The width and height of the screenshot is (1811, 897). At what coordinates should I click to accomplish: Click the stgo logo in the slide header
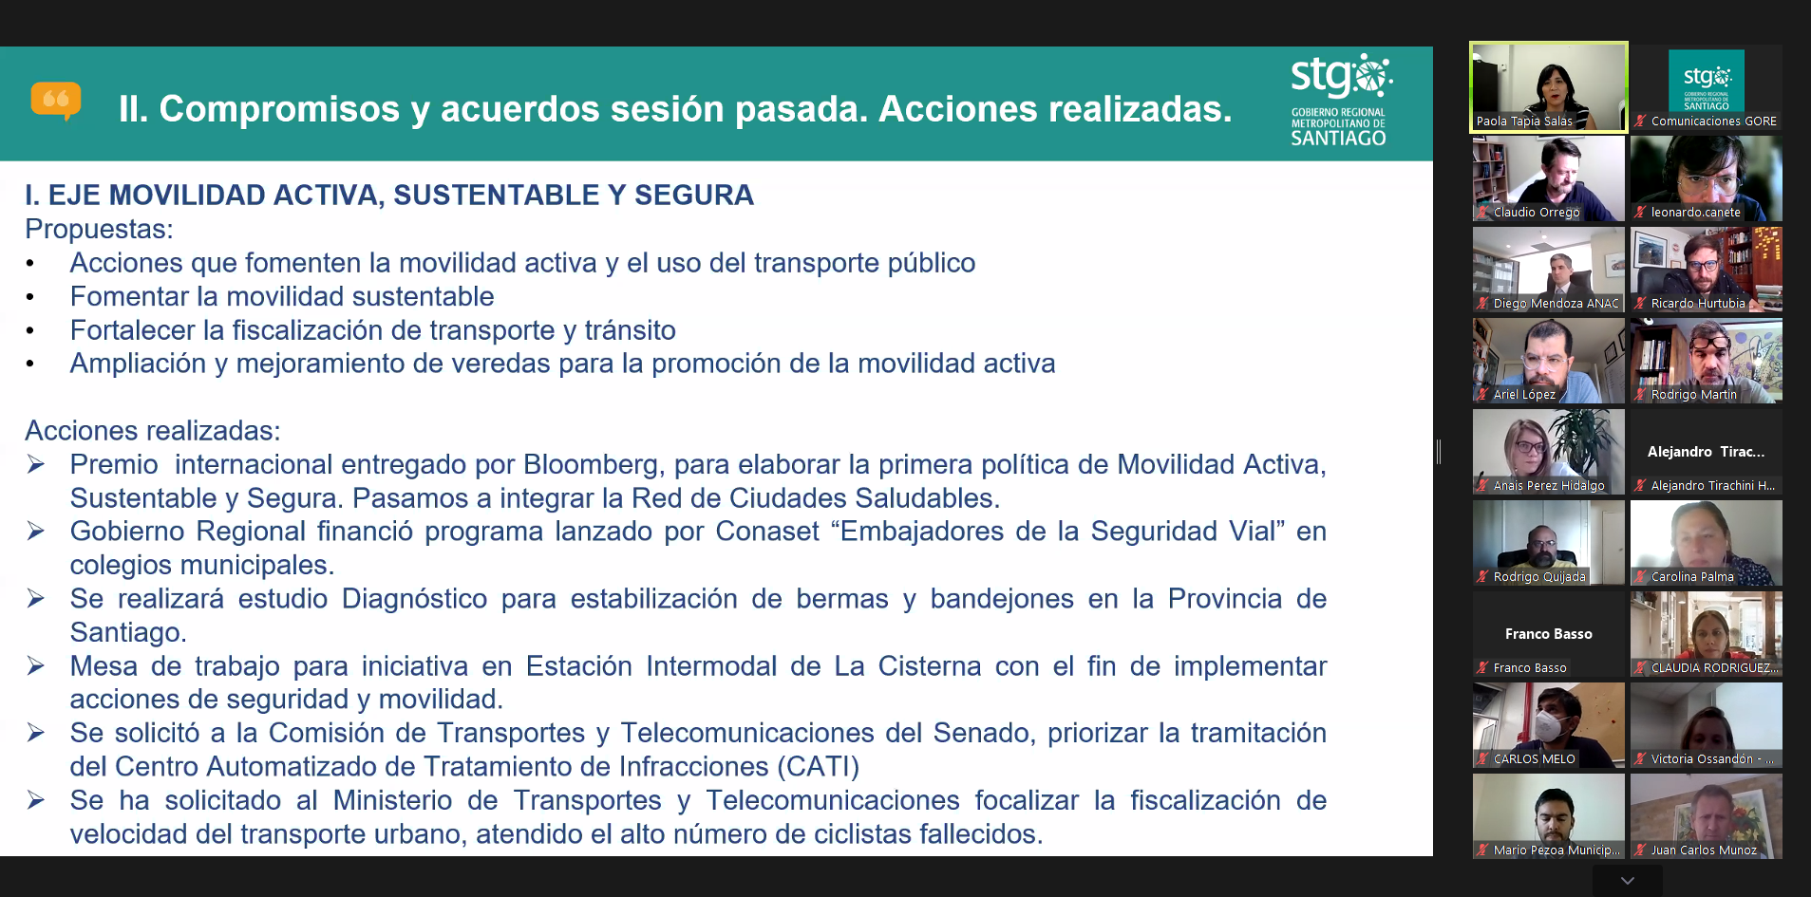[x=1341, y=100]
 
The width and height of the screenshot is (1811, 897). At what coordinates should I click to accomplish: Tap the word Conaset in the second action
[x=767, y=532]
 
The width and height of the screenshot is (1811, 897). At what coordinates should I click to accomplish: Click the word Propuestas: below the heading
[x=100, y=230]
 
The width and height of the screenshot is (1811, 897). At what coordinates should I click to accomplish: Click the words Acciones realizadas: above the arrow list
[x=153, y=431]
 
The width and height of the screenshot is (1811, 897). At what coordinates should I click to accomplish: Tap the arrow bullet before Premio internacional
[x=36, y=464]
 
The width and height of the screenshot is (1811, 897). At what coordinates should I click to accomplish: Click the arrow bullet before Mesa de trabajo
[x=36, y=666]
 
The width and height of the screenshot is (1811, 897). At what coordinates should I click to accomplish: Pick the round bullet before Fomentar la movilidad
[x=30, y=298]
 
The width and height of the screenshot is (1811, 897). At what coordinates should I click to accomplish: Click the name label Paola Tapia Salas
[x=1524, y=121]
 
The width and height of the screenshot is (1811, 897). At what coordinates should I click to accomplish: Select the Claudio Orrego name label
[x=1537, y=213]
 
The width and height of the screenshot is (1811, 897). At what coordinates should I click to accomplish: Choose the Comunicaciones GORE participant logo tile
[x=1707, y=81]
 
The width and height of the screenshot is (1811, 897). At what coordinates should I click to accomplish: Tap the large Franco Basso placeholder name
[x=1549, y=634]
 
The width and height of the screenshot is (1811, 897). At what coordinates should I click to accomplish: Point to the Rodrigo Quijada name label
[x=1539, y=577]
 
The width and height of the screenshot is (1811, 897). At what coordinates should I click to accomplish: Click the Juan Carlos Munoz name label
[x=1704, y=850]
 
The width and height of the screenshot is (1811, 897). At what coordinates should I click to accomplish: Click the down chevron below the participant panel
[x=1628, y=881]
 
